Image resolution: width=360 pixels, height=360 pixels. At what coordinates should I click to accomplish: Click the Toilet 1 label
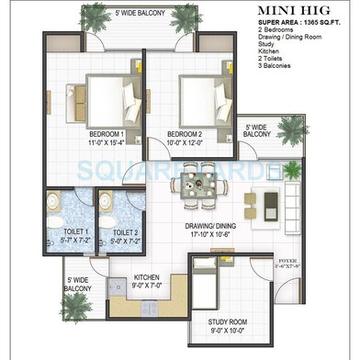pos(74,231)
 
